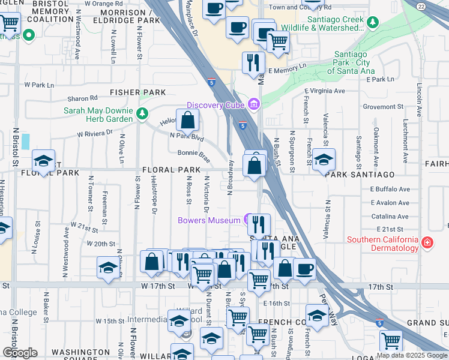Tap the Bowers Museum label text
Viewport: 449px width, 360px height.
209,220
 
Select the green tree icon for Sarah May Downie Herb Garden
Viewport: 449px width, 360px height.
142,112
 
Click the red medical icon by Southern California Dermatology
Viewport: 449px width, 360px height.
427,243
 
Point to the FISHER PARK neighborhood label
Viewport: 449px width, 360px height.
137,92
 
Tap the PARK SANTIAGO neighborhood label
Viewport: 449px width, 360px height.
360,174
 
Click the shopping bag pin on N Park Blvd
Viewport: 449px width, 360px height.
188,120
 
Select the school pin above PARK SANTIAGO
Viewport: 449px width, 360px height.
324,160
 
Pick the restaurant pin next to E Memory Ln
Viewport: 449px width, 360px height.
253,62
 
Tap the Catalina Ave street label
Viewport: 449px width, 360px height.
390,216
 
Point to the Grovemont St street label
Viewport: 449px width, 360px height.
387,107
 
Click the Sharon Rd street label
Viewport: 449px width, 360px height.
82,98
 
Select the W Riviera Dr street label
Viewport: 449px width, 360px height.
95,133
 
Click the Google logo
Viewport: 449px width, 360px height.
20,353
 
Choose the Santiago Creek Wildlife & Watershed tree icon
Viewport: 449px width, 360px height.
373,22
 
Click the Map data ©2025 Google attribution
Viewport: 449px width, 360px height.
412,355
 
